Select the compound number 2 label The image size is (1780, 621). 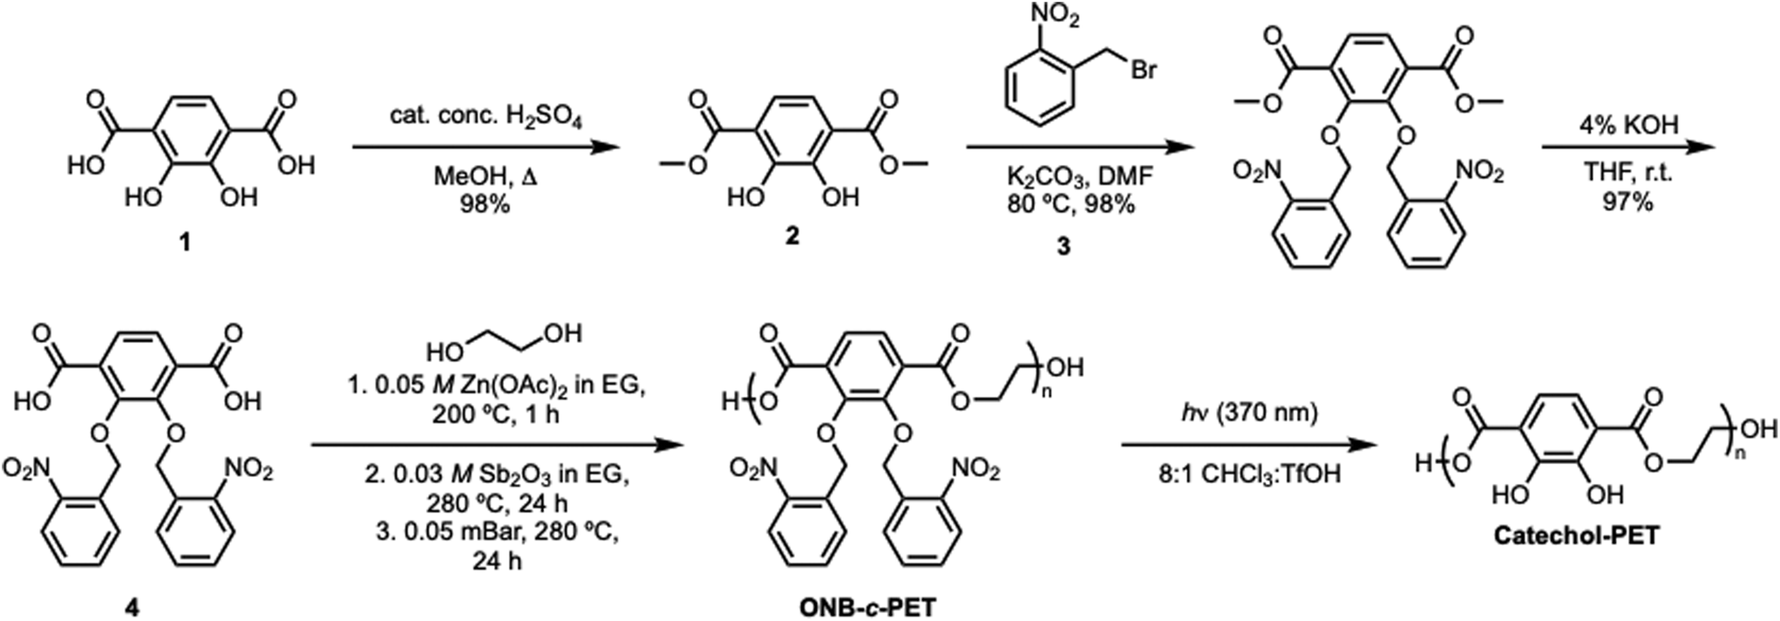(x=791, y=236)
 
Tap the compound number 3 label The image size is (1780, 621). (x=1063, y=247)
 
